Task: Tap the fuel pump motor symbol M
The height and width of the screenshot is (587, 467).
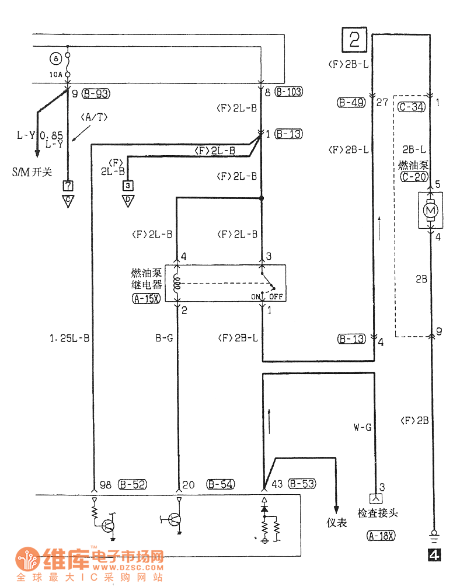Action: [x=430, y=210]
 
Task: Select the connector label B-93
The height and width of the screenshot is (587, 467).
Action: [x=96, y=93]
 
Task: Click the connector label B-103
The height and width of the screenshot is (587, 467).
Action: [x=289, y=92]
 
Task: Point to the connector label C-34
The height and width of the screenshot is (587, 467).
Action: [x=412, y=107]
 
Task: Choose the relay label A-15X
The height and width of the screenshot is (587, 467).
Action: [x=147, y=298]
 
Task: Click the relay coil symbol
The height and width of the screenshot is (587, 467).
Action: [x=177, y=284]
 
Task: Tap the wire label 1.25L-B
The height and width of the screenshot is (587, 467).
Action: [x=69, y=338]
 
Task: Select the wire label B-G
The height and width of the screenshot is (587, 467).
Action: [x=165, y=338]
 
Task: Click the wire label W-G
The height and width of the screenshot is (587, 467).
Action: [x=363, y=427]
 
